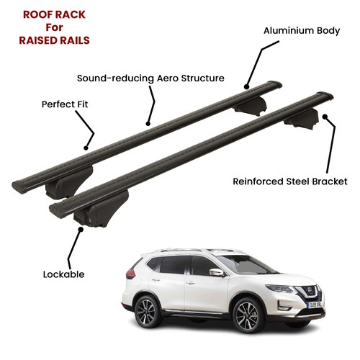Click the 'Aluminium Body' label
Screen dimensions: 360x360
(x=302, y=31)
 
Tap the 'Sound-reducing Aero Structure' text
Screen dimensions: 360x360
(x=150, y=78)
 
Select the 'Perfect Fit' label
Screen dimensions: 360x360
(x=65, y=104)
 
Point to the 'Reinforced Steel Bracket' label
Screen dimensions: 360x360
(x=290, y=181)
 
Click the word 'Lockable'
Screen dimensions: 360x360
(x=63, y=274)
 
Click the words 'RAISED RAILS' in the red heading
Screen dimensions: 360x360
(x=54, y=40)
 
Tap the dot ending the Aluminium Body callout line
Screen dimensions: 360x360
(x=246, y=87)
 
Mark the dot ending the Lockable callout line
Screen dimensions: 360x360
(x=81, y=229)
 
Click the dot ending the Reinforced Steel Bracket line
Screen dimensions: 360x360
(x=325, y=117)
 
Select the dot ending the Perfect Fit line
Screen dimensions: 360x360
(x=86, y=148)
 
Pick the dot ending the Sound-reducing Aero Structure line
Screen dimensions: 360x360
(x=148, y=124)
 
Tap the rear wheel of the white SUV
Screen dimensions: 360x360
(x=146, y=312)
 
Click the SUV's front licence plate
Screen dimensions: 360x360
(x=315, y=305)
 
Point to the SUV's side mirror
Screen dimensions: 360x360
(x=217, y=273)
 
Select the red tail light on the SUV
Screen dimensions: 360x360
(x=130, y=274)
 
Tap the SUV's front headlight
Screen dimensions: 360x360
(x=280, y=289)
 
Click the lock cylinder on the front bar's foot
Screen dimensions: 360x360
(x=89, y=220)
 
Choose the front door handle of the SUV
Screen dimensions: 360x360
(x=190, y=283)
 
